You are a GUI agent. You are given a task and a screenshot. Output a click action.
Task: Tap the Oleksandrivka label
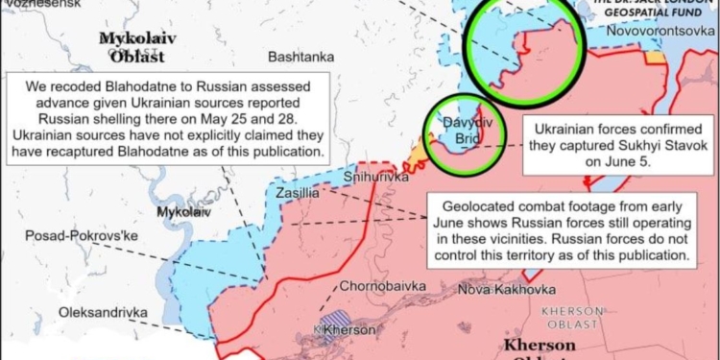coord(103,312)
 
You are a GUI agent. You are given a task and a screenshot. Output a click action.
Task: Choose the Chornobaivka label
coord(378,286)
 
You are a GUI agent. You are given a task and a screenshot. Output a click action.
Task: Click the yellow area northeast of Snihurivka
coord(418,155)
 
